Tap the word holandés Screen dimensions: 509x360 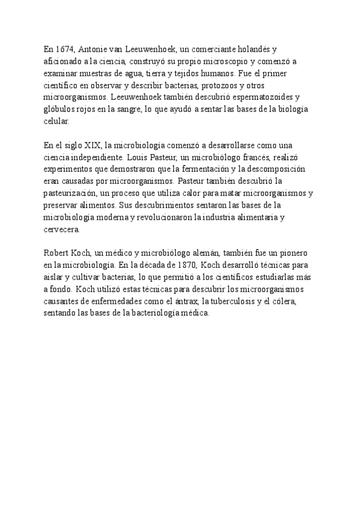coord(257,49)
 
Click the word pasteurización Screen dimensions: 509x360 coord(69,193)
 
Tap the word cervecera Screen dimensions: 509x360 coord(62,229)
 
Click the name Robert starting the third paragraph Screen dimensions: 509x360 coord(58,253)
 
